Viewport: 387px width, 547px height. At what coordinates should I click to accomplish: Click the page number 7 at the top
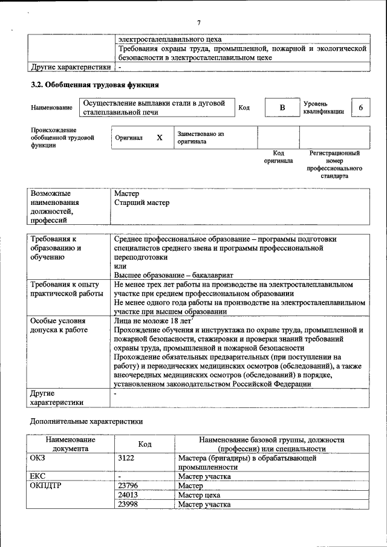pos(198,23)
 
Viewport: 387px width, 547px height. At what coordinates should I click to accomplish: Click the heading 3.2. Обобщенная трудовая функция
pos(95,85)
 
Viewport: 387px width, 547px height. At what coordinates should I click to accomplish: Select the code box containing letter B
pos(281,108)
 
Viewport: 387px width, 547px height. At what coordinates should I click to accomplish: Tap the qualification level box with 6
pos(361,108)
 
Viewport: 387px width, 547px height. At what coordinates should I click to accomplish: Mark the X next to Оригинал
pos(160,138)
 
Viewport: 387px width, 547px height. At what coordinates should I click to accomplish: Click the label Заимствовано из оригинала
pos(200,138)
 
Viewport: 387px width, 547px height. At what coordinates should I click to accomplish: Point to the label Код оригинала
pos(278,157)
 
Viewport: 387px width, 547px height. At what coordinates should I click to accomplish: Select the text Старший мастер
pos(142,203)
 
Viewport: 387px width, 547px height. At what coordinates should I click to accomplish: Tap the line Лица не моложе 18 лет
pos(152,321)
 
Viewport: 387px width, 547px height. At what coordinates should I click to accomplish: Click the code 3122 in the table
pos(126,458)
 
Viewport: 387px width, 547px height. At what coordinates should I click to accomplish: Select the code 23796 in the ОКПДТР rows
pos(128,485)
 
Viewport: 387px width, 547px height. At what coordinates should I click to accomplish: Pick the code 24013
pos(128,495)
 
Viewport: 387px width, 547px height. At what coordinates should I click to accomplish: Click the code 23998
pos(128,504)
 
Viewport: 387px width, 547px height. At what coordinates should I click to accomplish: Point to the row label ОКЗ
pos(37,458)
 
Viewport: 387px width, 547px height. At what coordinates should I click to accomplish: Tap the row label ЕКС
pos(37,476)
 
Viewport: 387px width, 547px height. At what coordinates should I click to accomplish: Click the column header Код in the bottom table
pos(145,444)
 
